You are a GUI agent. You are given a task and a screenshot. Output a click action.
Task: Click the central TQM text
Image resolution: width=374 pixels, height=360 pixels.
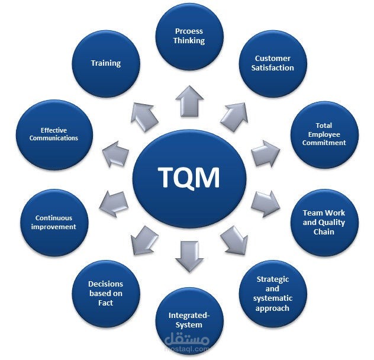tap(189, 178)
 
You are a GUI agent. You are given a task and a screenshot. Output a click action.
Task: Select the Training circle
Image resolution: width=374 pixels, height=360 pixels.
tap(106, 64)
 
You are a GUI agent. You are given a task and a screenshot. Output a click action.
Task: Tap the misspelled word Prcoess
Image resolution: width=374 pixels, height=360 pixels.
tap(189, 31)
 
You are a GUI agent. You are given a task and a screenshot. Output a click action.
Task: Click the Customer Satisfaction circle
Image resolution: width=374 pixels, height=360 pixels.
tap(273, 64)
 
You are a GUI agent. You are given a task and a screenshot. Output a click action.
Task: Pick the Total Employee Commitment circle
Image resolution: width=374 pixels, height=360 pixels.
tap(324, 134)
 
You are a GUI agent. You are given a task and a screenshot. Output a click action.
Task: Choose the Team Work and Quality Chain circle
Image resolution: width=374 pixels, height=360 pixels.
tap(324, 223)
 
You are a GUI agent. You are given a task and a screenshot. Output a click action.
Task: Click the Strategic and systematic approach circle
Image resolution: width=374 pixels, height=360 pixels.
tap(273, 294)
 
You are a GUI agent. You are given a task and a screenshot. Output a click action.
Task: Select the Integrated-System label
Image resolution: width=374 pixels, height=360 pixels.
tap(189, 320)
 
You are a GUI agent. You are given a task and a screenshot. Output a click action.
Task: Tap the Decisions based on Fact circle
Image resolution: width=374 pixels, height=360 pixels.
tap(106, 294)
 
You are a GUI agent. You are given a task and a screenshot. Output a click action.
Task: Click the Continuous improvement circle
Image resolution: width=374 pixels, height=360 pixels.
tap(54, 223)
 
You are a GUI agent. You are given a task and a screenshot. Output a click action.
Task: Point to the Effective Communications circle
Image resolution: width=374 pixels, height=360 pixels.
tap(54, 134)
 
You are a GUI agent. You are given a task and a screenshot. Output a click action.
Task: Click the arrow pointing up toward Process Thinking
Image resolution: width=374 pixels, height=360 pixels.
tap(189, 101)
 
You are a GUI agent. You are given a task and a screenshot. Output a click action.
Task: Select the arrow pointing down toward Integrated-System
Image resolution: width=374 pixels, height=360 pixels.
tap(189, 256)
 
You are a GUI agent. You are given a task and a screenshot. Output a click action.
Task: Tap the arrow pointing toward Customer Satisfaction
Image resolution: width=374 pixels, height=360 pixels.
tap(234, 117)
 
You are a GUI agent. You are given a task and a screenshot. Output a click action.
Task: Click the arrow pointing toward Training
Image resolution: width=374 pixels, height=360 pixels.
tap(144, 117)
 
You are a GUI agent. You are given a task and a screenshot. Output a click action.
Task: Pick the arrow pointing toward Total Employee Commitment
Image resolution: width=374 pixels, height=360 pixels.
tap(266, 153)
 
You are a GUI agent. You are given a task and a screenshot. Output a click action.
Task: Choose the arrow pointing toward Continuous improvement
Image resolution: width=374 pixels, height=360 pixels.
tap(114, 204)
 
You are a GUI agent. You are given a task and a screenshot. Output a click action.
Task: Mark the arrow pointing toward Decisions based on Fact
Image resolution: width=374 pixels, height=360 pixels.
tap(144, 240)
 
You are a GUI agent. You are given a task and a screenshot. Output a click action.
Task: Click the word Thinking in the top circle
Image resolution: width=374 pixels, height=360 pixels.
tap(189, 41)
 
